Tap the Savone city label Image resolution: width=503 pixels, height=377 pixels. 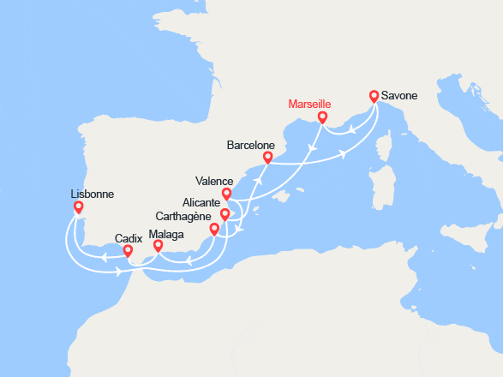coord(400,95)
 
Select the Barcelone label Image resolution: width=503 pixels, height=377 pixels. coord(250,146)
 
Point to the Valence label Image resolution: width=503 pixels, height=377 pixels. coord(214,182)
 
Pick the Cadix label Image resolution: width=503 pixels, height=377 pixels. coord(129,237)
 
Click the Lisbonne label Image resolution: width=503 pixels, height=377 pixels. coord(93,194)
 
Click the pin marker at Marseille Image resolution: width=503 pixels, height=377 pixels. coord(322,117)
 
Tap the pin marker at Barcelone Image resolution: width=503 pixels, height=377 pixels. coord(268,157)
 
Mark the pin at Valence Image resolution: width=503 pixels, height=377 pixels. coord(226,194)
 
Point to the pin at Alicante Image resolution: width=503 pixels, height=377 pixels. coord(225,214)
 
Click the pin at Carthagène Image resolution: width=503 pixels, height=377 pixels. coord(214,230)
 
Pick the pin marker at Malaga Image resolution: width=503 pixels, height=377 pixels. coord(158,246)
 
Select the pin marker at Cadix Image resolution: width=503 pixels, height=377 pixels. coord(128,251)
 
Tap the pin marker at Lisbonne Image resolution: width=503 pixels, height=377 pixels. coord(79,206)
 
